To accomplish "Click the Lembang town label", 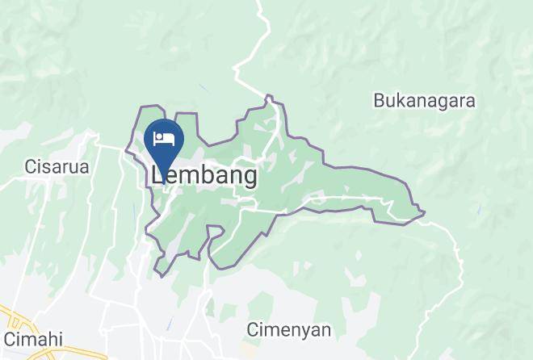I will pos(204,175).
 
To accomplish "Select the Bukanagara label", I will pos(424,101).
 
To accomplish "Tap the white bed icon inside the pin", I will pos(164,137).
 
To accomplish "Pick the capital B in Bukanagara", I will pos(379,101).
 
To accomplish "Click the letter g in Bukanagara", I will pos(441,103).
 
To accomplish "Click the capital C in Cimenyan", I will pos(252,329).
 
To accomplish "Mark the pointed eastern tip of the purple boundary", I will pos(424,213).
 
